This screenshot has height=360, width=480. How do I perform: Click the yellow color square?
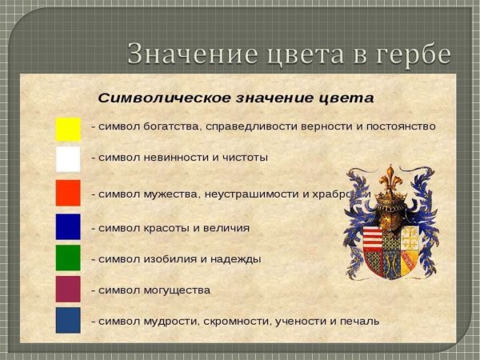pyautogui.click(x=68, y=129)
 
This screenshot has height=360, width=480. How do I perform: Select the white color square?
pyautogui.click(x=68, y=159)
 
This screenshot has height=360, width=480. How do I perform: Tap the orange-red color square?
pyautogui.click(x=68, y=193)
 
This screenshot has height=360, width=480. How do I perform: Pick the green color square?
pyautogui.click(x=68, y=258)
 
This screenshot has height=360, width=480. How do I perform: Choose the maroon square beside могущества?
pyautogui.click(x=68, y=289)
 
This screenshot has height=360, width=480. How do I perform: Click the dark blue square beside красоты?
pyautogui.click(x=68, y=226)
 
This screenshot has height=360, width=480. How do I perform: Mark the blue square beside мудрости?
pyautogui.click(x=68, y=320)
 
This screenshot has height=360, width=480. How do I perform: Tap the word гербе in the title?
pyautogui.click(x=413, y=54)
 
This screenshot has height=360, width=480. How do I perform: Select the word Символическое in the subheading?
pyautogui.click(x=159, y=98)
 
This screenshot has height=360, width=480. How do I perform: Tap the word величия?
pyautogui.click(x=226, y=228)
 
